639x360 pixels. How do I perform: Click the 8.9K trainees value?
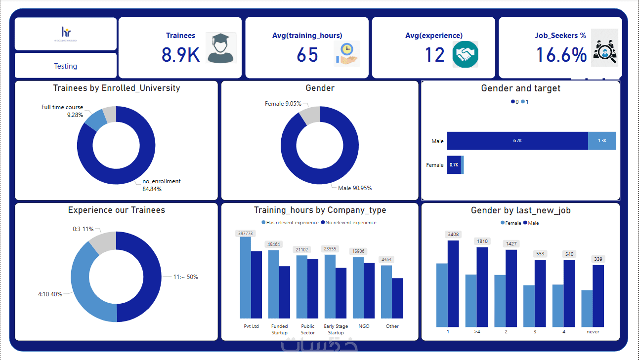pyautogui.click(x=180, y=55)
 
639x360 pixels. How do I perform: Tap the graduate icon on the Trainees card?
pyautogui.click(x=221, y=48)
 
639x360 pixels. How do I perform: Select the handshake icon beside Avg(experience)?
pyautogui.click(x=465, y=54)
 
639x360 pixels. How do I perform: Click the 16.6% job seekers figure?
pyautogui.click(x=561, y=55)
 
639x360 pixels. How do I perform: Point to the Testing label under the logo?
pyautogui.click(x=66, y=66)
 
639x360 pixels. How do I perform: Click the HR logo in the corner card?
pyautogui.click(x=66, y=33)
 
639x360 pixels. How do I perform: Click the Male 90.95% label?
pyautogui.click(x=355, y=188)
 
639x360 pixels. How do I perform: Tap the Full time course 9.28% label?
pyautogui.click(x=62, y=111)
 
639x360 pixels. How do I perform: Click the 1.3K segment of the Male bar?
pyautogui.click(x=602, y=141)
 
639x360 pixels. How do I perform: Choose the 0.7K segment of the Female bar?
pyautogui.click(x=454, y=165)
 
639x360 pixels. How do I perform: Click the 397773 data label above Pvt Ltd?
pyautogui.click(x=245, y=234)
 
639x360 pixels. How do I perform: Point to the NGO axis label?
pyautogui.click(x=364, y=326)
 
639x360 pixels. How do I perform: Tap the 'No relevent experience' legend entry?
pyautogui.click(x=349, y=223)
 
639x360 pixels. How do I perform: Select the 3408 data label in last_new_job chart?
pyautogui.click(x=453, y=234)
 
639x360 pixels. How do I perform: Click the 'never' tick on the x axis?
pyautogui.click(x=593, y=332)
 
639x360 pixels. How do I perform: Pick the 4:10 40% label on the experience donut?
pyautogui.click(x=50, y=294)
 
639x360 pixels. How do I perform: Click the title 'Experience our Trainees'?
pyautogui.click(x=117, y=210)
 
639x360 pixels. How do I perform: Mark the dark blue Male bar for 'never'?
pyautogui.click(x=598, y=296)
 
